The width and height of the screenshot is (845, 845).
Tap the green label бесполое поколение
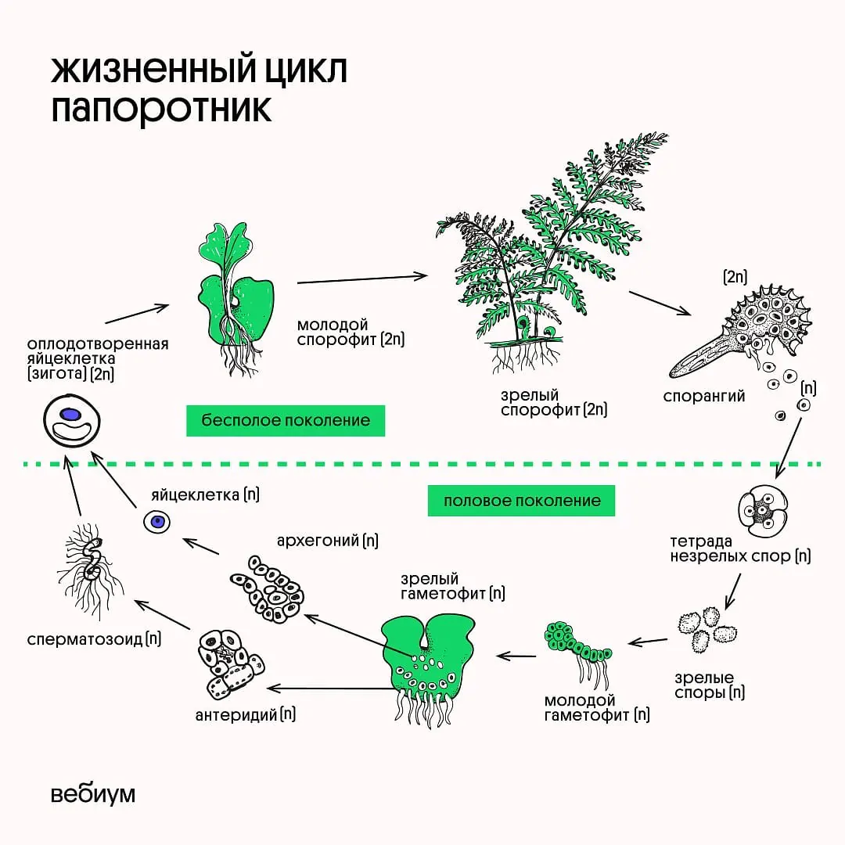point(286,420)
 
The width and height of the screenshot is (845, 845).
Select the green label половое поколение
point(521,501)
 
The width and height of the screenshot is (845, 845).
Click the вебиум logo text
point(93,793)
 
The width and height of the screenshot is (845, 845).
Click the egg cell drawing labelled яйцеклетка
point(156,521)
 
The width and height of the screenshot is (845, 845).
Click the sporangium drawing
point(743,336)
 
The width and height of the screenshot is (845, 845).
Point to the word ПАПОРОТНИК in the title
point(161,110)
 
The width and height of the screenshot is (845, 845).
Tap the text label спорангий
point(703,396)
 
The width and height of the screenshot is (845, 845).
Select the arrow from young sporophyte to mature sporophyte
point(362,278)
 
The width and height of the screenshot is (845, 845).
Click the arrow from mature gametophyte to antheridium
point(329,689)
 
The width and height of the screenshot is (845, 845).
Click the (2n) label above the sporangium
point(735,276)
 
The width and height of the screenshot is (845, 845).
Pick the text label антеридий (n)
point(246,714)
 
